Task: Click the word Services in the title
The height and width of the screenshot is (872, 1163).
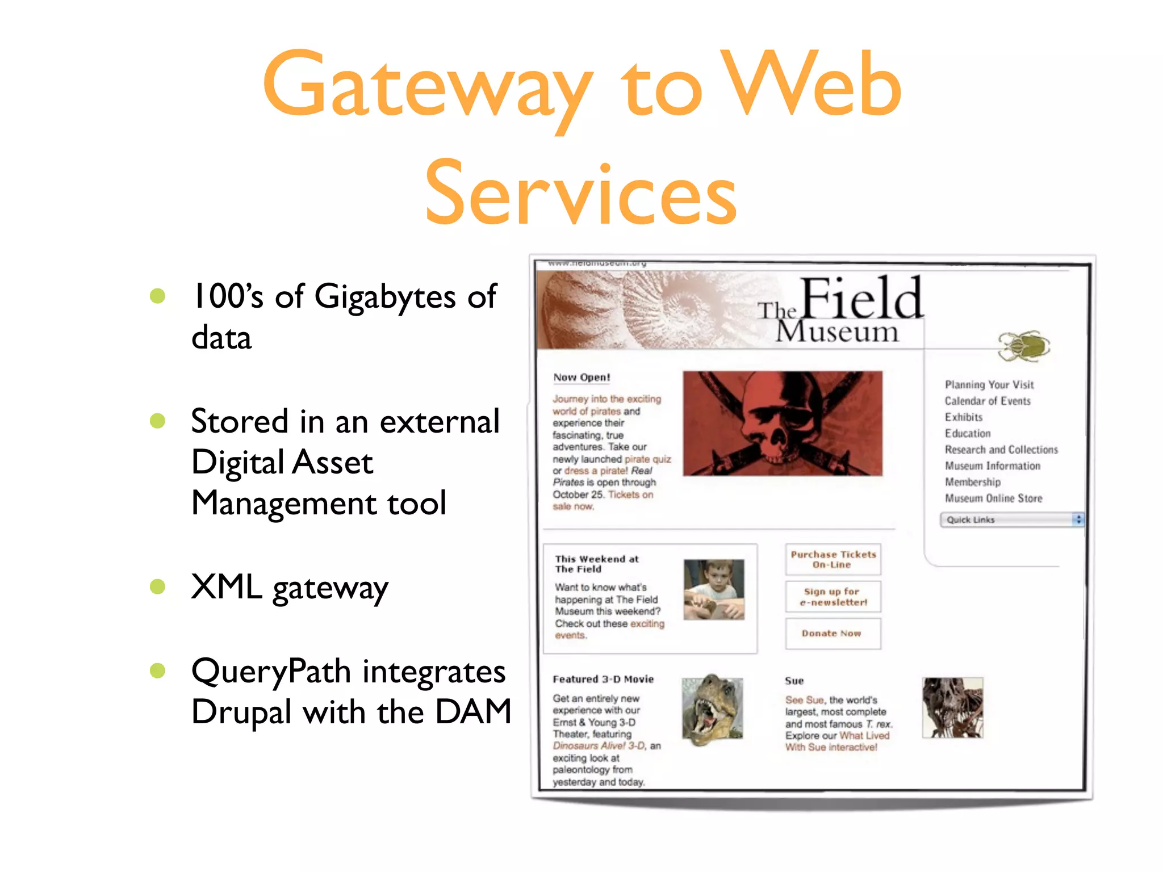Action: pos(580,193)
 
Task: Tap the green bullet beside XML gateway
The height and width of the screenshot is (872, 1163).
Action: pos(157,586)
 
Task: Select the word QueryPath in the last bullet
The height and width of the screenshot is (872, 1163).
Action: pos(271,671)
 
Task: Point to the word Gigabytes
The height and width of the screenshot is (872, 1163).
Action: pos(384,297)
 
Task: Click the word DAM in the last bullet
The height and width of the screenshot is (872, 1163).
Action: pos(473,712)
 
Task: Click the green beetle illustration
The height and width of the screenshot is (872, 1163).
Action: pos(1024,346)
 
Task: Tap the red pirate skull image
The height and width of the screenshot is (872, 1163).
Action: pos(782,424)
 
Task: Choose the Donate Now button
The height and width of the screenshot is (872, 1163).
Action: pos(832,633)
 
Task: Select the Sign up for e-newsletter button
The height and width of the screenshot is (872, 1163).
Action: pos(832,597)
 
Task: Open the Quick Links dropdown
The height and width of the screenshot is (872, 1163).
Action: pos(1011,519)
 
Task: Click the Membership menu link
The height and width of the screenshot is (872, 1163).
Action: pos(972,482)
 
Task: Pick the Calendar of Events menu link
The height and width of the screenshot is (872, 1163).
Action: pos(987,401)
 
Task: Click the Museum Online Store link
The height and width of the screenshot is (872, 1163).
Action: pos(993,498)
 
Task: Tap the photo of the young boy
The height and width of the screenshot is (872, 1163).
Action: pos(713,589)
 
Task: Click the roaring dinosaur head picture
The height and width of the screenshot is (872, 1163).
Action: pos(712,708)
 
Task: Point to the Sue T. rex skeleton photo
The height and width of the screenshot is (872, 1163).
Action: pos(952,707)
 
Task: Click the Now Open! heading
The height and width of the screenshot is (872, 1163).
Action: pos(581,378)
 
